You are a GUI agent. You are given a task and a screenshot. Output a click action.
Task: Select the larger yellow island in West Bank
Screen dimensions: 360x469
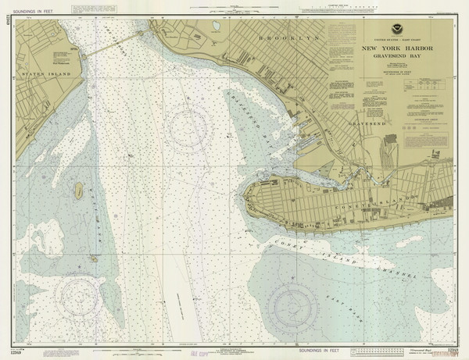[79, 189]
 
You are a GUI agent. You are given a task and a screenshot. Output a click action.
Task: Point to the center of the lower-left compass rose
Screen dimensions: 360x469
[81, 294]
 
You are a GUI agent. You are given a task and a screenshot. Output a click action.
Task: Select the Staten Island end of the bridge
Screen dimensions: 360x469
[84, 54]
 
